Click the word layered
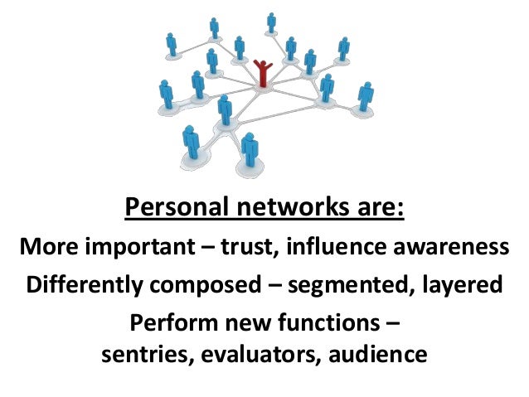463,285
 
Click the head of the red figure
264,62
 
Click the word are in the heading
378,206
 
